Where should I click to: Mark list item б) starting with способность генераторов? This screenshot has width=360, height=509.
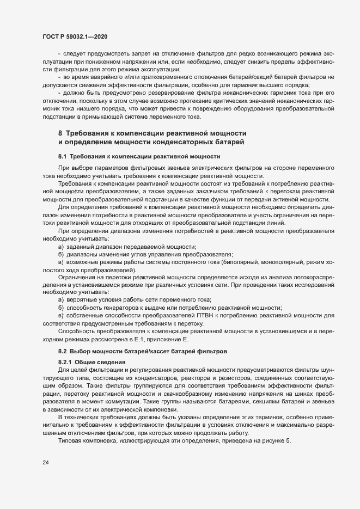point(169,308)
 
